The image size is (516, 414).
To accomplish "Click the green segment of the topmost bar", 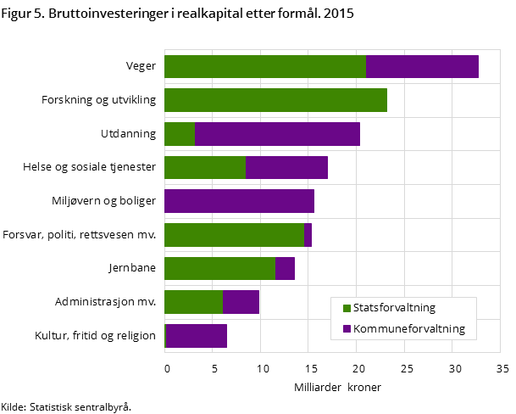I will coord(264,66).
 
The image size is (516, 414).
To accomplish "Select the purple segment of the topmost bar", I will coord(422,66).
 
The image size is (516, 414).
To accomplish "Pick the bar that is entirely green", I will coord(275,100).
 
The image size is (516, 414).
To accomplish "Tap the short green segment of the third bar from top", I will coord(179,134).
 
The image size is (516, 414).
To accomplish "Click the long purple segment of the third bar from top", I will coord(277,134).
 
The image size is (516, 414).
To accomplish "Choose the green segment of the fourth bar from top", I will coord(204,167).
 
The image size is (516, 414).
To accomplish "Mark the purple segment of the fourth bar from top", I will coord(286,167).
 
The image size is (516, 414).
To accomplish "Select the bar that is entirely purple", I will coord(239,201).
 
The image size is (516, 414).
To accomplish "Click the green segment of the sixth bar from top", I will coord(234,235).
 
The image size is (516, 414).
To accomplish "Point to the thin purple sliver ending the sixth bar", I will coord(308,235).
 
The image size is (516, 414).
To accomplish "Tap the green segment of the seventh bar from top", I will coord(219,268).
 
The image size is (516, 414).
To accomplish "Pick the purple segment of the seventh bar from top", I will coord(285,268).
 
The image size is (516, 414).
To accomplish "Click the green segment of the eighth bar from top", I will coord(193,302).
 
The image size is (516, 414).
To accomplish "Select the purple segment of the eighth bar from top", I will coord(241,302).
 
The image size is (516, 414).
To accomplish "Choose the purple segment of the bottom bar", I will coord(197,336).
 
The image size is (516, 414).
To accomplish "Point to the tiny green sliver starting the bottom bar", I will coord(165,336).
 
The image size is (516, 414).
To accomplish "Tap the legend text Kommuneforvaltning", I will coord(409,328).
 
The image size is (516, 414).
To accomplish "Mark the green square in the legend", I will coord(347,308).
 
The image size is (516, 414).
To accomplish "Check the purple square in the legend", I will coord(347,328).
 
